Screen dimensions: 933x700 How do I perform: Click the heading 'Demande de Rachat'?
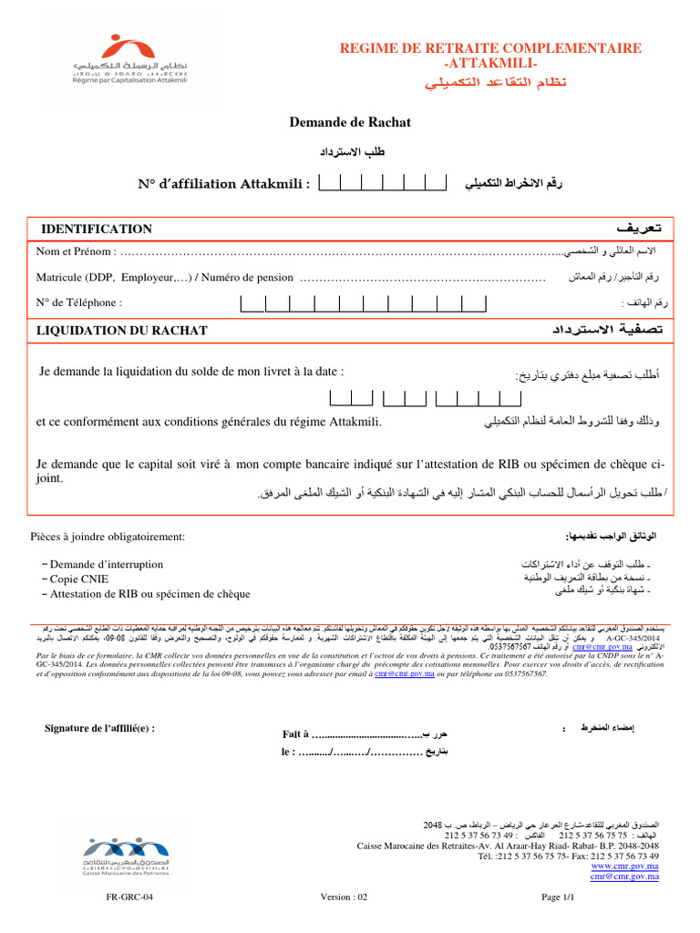(x=350, y=122)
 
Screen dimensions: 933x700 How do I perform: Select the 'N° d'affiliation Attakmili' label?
(x=224, y=184)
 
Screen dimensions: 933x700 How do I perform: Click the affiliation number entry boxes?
(x=383, y=183)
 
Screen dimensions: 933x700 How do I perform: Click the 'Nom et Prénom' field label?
(x=76, y=251)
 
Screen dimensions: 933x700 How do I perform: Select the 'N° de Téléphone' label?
(x=78, y=302)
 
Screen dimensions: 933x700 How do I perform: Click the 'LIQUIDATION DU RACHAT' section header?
(x=121, y=331)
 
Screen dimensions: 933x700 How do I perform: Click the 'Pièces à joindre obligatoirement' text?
(x=108, y=537)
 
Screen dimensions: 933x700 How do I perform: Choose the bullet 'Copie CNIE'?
(x=83, y=579)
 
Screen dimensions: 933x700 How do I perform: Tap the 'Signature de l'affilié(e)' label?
(x=99, y=727)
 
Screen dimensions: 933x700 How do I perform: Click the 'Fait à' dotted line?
(x=365, y=734)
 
